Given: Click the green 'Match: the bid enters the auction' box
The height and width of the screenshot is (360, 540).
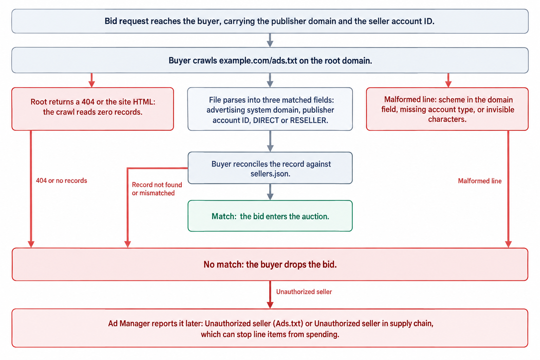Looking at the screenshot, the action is (x=270, y=216).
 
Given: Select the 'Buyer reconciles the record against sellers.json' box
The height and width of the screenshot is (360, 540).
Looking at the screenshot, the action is (x=270, y=168).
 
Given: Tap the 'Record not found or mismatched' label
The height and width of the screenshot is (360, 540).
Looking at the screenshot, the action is (x=157, y=189).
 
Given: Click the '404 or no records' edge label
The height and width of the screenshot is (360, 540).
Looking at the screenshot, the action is (x=62, y=181).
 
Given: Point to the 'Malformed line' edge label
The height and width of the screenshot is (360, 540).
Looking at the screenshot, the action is (x=480, y=181).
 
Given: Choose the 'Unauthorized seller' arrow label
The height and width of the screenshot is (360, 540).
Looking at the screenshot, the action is (x=304, y=292).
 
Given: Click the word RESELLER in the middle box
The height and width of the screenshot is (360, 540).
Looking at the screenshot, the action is (x=309, y=120).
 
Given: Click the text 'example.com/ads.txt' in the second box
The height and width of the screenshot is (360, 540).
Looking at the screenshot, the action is (x=258, y=60).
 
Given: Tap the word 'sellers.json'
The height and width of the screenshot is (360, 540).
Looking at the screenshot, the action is (x=270, y=174).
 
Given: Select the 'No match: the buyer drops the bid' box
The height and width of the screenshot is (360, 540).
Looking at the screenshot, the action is (x=270, y=264).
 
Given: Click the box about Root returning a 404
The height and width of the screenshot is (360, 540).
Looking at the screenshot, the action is (x=92, y=109).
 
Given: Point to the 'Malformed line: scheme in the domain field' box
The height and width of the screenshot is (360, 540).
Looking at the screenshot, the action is (x=447, y=109).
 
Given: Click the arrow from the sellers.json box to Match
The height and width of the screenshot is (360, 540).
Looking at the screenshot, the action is (x=270, y=192).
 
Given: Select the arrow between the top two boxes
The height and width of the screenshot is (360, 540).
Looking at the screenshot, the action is (x=270, y=40).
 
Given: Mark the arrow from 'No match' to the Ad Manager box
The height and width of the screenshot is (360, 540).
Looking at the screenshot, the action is (x=270, y=295).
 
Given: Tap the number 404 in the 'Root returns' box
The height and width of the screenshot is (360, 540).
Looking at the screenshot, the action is (x=88, y=102).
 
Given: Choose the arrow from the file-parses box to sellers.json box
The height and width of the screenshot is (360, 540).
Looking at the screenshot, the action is (x=270, y=141).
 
